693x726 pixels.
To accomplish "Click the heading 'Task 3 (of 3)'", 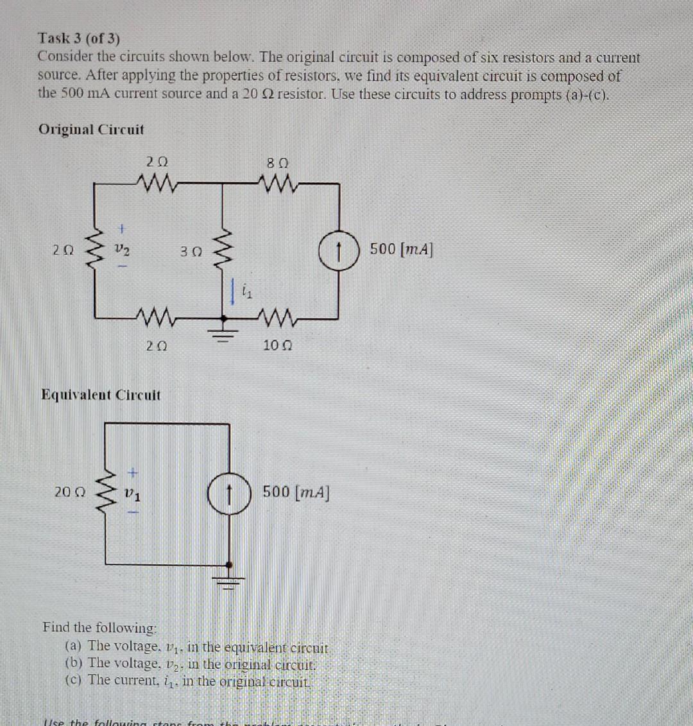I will [x=79, y=39].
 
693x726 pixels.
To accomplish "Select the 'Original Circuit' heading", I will [x=91, y=129].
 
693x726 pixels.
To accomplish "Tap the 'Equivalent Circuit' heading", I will [x=101, y=394].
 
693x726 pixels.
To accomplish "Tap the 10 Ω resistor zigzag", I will [x=277, y=316].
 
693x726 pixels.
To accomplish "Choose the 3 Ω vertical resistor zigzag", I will [x=223, y=247].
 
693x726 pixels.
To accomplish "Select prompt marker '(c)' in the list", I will [x=75, y=680].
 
